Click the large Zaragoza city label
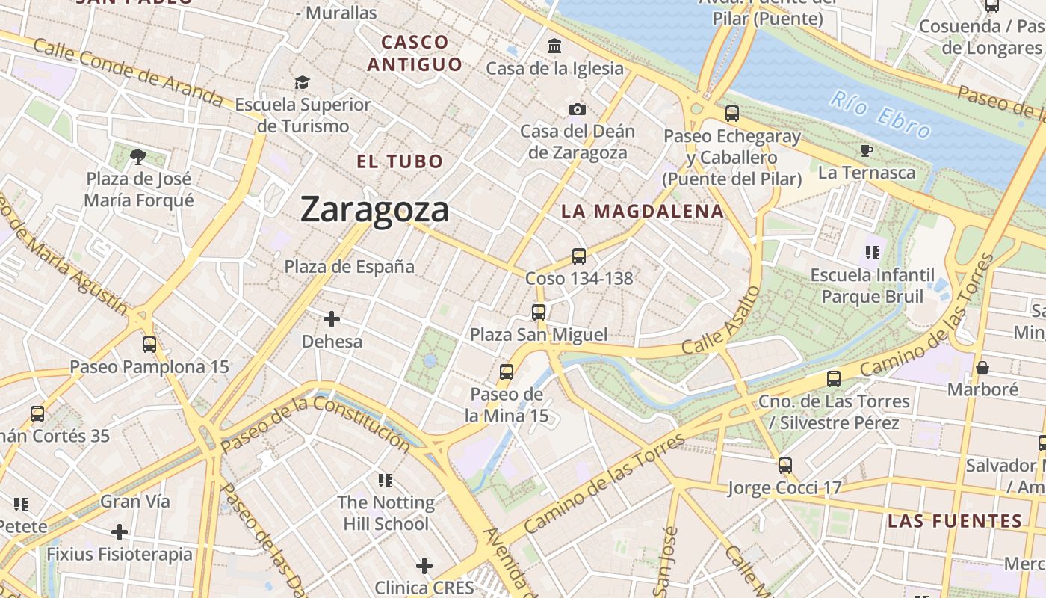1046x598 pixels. tap(374, 209)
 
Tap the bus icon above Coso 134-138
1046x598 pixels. tap(578, 256)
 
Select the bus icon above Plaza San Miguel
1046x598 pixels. tap(539, 312)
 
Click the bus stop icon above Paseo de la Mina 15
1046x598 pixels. tap(507, 372)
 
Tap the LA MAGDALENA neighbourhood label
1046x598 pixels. tap(643, 212)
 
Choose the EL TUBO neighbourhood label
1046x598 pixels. tap(400, 161)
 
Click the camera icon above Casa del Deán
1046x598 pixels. tap(577, 110)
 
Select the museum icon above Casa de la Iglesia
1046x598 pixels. tap(554, 46)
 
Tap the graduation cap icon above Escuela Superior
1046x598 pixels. tap(302, 82)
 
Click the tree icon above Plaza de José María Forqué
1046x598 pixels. tap(137, 156)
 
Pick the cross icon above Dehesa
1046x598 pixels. tap(332, 319)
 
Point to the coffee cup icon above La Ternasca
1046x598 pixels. tap(867, 151)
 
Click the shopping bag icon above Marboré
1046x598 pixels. tap(982, 368)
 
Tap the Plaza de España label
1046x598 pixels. tap(349, 266)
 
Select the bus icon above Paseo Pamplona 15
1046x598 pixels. tap(149, 345)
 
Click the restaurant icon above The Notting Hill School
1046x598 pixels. tap(386, 480)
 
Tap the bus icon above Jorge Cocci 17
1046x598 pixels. tap(784, 466)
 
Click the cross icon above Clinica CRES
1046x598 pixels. tap(424, 566)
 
